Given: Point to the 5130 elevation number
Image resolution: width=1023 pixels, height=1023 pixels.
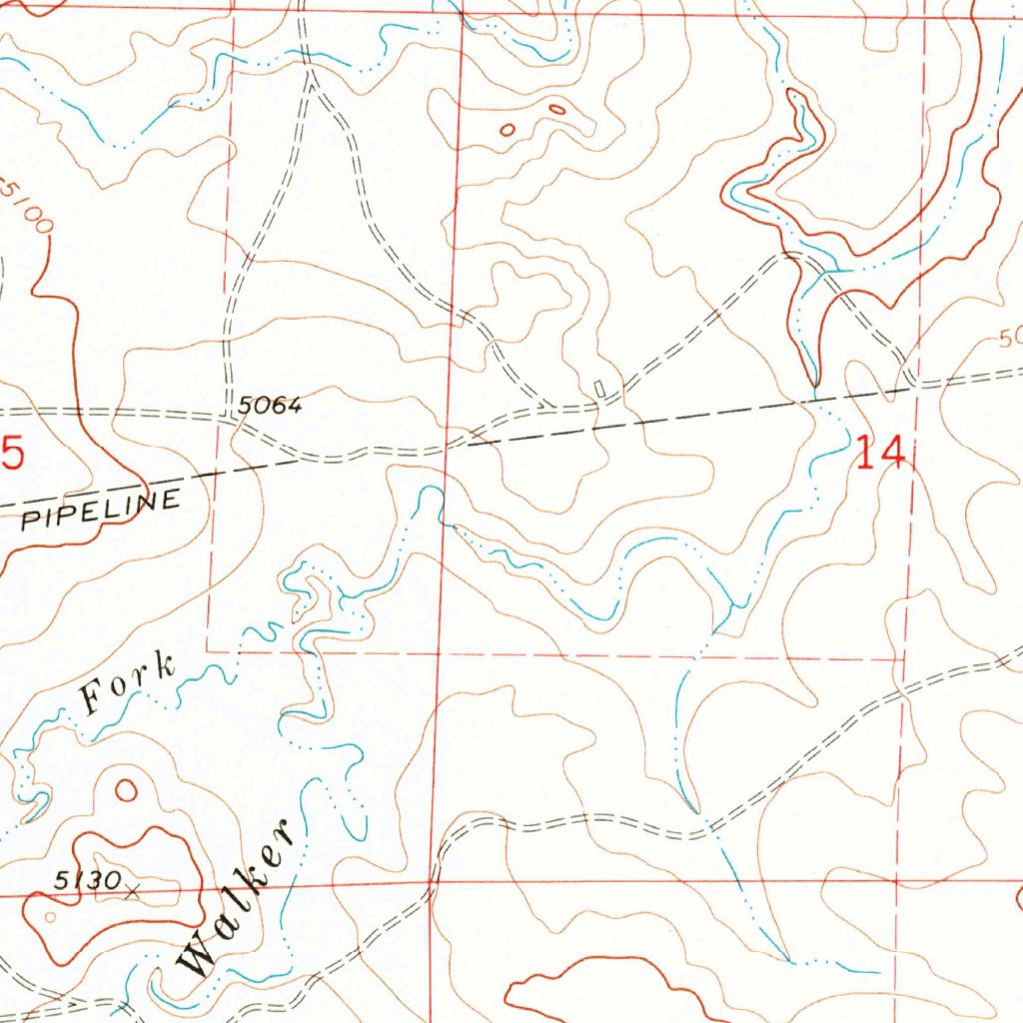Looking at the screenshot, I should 87,879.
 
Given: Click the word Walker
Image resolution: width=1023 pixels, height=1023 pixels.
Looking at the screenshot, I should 237,899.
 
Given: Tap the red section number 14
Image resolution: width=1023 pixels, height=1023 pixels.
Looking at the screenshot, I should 880,453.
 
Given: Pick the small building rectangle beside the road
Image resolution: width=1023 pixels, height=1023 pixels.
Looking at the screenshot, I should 598,387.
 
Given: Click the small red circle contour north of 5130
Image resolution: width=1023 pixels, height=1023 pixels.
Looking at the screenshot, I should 126,790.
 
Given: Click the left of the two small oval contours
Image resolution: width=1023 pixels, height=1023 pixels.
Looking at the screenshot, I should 508,129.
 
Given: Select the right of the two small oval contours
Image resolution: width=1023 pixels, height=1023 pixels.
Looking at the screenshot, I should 556,108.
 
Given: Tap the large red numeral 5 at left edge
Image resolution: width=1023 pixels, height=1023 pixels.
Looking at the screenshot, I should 11,455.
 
